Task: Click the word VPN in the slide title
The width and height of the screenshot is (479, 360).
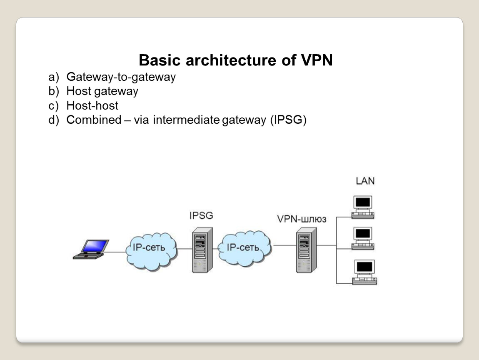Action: pyautogui.click(x=316, y=60)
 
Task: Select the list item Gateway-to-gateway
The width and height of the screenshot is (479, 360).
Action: pyautogui.click(x=121, y=77)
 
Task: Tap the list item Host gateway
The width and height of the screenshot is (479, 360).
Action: pyautogui.click(x=102, y=91)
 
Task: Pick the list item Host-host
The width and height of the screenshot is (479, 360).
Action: pyautogui.click(x=92, y=105)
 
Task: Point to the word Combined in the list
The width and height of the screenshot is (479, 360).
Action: pyautogui.click(x=93, y=120)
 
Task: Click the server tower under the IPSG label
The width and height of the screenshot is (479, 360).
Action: pyautogui.click(x=202, y=250)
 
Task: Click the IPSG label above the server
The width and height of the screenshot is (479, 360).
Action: pyautogui.click(x=201, y=216)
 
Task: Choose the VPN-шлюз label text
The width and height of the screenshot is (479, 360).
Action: pyautogui.click(x=302, y=220)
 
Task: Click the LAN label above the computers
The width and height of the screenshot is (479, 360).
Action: pyautogui.click(x=365, y=181)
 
